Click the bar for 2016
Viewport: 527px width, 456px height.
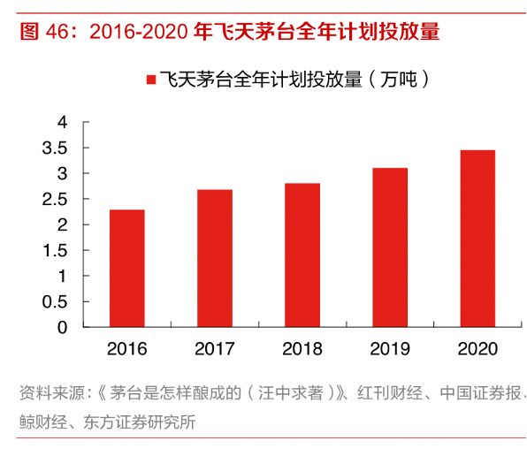click(126, 269)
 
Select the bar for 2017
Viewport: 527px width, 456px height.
click(214, 258)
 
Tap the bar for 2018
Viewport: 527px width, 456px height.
click(302, 255)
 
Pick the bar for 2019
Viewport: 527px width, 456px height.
click(389, 247)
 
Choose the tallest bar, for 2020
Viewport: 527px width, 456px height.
click(477, 239)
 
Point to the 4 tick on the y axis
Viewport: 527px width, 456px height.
click(62, 122)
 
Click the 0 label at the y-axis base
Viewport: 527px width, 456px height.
click(62, 328)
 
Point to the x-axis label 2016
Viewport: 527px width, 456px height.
click(126, 348)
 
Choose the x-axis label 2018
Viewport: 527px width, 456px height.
click(302, 348)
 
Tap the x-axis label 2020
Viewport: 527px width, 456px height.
click(477, 348)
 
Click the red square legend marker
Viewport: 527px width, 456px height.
click(149, 80)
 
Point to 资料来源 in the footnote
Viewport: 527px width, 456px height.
click(48, 394)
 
